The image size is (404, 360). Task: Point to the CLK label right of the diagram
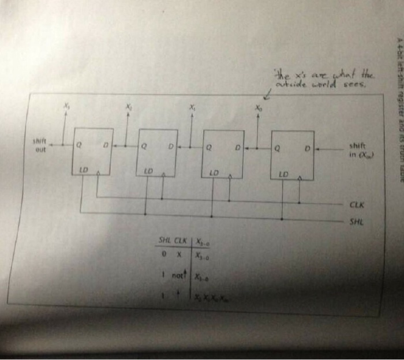[356, 204]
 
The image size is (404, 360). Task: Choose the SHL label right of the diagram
[356, 222]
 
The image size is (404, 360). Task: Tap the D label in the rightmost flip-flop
[308, 148]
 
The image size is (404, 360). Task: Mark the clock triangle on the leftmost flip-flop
[98, 172]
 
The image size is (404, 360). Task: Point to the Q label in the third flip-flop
[209, 148]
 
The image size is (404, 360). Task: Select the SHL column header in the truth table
[165, 241]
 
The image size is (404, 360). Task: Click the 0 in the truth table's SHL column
[164, 254]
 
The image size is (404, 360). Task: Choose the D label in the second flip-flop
[171, 148]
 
